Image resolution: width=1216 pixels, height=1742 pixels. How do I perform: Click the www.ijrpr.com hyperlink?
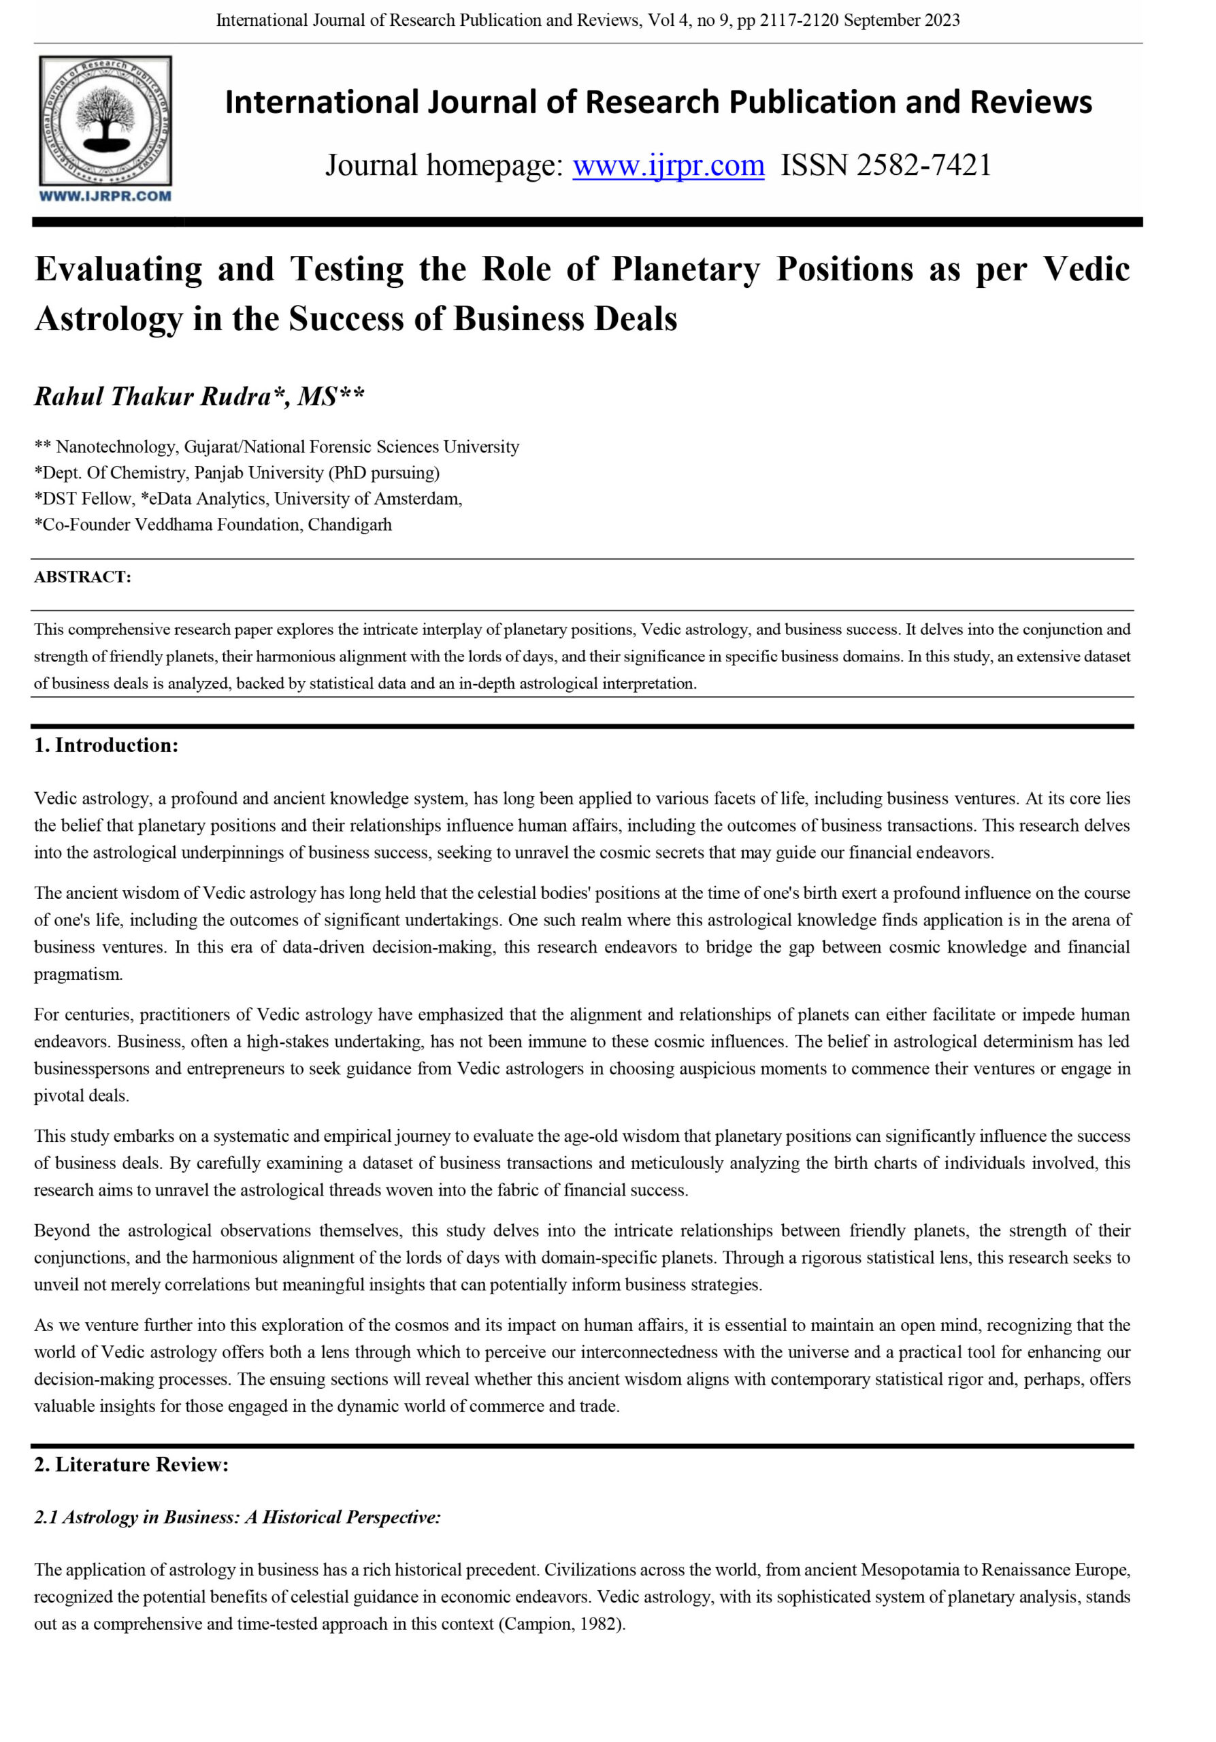[668, 165]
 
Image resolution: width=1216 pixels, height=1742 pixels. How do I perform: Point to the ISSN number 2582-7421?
[923, 165]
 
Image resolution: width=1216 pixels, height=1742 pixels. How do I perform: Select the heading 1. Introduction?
[106, 745]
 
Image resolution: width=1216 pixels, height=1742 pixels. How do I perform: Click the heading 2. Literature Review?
[131, 1464]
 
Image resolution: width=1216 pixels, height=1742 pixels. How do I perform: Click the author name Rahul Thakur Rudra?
[152, 396]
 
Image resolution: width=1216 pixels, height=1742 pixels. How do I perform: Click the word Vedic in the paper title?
[1085, 269]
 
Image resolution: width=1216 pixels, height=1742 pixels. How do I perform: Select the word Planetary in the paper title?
[685, 269]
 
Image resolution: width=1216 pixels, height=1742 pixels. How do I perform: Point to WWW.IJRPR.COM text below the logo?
[105, 197]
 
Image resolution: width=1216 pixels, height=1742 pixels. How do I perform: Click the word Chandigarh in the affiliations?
[350, 524]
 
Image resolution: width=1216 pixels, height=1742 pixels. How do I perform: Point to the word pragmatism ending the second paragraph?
[78, 974]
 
